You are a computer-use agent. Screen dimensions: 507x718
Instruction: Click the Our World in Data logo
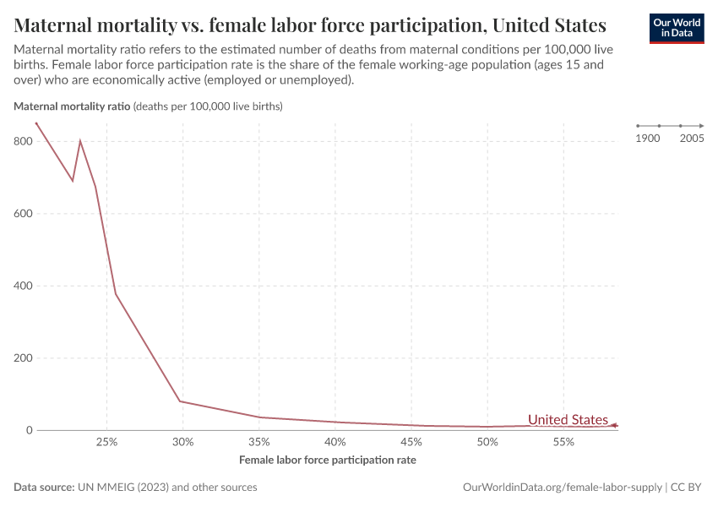[676, 28]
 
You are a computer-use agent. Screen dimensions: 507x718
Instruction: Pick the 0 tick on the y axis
[29, 430]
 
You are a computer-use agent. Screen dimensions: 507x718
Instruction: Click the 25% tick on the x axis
[106, 443]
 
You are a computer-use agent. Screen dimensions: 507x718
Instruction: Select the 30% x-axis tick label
[182, 443]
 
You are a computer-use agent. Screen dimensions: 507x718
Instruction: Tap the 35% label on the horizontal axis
[259, 443]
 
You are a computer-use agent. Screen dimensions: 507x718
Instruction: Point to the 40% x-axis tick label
[335, 443]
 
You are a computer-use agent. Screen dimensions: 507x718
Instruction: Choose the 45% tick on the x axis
[411, 443]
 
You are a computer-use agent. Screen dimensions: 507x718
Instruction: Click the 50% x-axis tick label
[487, 443]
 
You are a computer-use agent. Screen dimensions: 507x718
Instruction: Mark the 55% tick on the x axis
[563, 443]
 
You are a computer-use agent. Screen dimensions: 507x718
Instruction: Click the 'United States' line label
[568, 420]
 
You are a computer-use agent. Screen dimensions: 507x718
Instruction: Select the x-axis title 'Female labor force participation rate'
[328, 461]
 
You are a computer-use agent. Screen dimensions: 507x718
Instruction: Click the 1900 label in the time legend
[648, 138]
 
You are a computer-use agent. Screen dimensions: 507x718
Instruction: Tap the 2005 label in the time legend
[692, 138]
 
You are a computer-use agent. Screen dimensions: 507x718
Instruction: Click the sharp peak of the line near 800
[80, 141]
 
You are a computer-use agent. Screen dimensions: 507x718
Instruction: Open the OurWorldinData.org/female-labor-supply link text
[563, 488]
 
